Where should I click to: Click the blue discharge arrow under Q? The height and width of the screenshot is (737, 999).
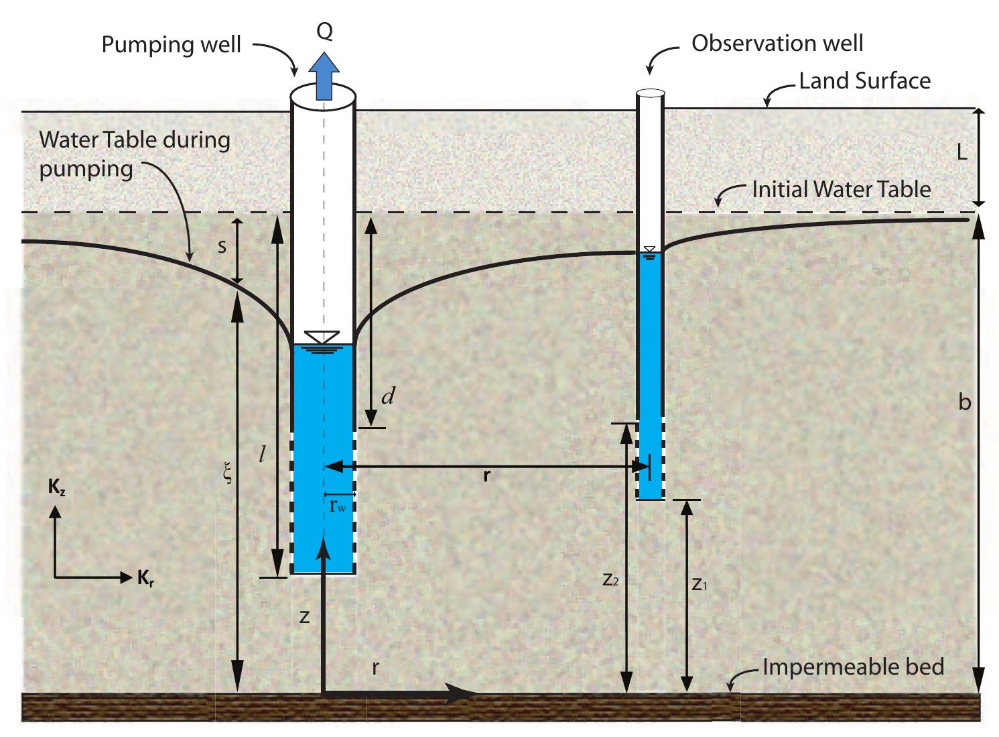point(324,76)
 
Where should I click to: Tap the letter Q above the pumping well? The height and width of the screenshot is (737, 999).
point(324,32)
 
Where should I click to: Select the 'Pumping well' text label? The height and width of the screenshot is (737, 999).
point(171,45)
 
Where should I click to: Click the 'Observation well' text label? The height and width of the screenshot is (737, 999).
point(777,44)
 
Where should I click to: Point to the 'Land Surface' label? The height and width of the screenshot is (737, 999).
point(864,81)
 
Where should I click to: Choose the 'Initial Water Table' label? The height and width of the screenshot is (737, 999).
point(841,189)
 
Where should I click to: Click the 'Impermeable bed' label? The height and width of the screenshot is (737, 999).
point(853,667)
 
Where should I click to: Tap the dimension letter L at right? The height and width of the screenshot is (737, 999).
point(961,153)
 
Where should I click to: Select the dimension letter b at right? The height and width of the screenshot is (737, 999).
point(964,402)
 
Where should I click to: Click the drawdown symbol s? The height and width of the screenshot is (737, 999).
point(222,246)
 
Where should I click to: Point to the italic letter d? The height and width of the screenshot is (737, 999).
point(387,396)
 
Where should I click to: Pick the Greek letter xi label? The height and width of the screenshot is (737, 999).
point(228,474)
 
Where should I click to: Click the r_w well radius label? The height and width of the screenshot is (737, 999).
point(338,506)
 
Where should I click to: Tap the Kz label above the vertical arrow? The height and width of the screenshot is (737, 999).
point(57,488)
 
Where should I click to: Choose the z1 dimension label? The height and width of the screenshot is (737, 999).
point(700,584)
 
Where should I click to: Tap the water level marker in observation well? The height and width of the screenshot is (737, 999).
point(649,251)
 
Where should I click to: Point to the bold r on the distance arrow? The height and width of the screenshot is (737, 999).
point(486,475)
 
